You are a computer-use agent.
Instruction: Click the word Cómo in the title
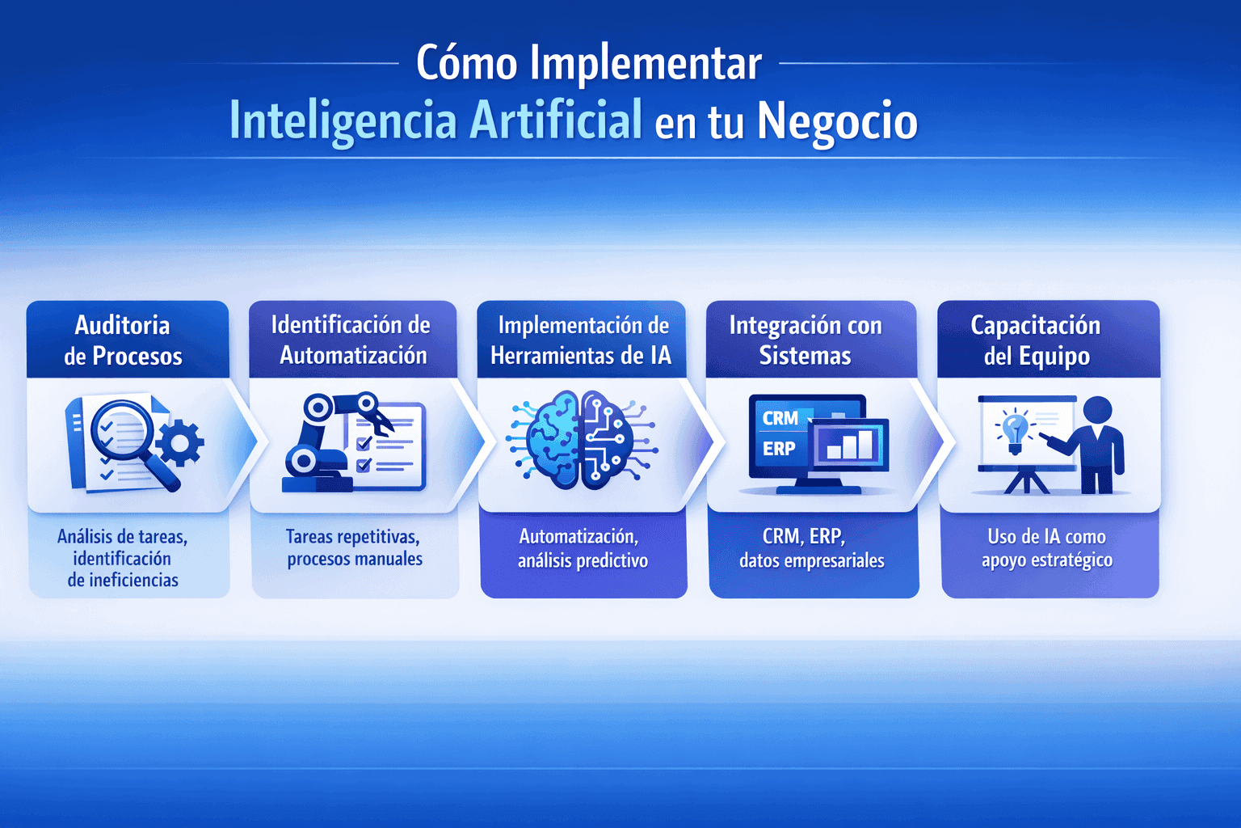[466, 63]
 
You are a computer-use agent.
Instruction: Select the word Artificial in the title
[556, 120]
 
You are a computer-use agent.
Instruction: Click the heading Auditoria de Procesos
[123, 340]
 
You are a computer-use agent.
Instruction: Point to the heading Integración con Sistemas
[806, 340]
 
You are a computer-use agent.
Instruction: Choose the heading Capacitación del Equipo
[1036, 340]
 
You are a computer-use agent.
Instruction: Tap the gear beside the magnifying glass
[179, 442]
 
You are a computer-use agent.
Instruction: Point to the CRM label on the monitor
[780, 418]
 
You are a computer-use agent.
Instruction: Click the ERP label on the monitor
[779, 448]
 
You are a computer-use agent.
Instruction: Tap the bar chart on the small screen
[850, 445]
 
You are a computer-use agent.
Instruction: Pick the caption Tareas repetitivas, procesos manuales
[354, 548]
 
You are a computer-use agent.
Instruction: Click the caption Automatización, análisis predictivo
[583, 548]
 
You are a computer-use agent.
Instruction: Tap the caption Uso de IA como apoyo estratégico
[1047, 548]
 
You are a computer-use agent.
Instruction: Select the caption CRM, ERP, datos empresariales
[812, 548]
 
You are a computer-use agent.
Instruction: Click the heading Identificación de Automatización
[351, 340]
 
